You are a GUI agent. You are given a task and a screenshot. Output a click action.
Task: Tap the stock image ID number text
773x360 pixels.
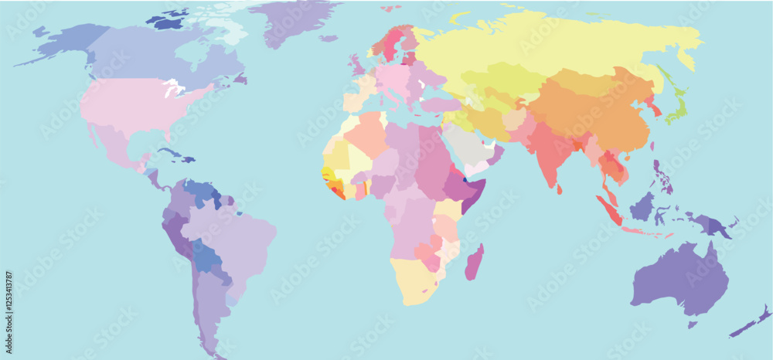pos(9,306)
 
